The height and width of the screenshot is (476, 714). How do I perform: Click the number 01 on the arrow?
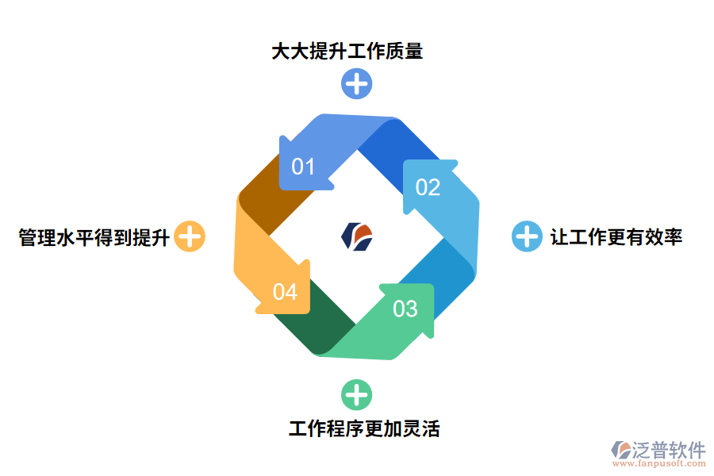point(303,167)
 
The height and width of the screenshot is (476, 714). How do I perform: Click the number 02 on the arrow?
point(428,187)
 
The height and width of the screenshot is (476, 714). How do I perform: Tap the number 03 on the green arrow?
point(405,308)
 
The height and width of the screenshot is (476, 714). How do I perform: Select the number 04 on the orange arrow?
point(285,292)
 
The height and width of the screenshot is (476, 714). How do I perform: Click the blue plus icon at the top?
point(356,83)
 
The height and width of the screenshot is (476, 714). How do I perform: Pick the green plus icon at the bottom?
point(356,394)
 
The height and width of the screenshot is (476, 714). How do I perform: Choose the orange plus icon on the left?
point(190,236)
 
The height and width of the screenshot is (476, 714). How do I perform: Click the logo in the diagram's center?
point(356,236)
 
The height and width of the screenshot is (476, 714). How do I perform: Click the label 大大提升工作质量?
point(347,52)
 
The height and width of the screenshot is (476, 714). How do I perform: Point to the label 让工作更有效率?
point(616,236)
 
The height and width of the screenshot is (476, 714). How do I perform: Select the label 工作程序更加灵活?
point(364,429)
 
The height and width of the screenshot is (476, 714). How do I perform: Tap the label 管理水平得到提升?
point(94,236)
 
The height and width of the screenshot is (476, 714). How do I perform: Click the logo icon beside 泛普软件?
point(620,450)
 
